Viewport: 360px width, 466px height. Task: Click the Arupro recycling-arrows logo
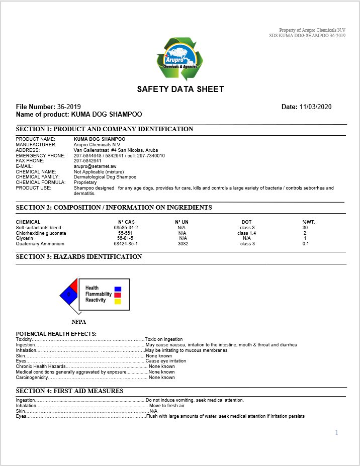[x=180, y=58]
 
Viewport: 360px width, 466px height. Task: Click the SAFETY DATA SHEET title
[x=180, y=89]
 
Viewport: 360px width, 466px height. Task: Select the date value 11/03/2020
[x=315, y=107]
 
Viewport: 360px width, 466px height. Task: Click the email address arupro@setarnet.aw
[x=95, y=166]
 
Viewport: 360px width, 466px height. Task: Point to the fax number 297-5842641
[x=87, y=161]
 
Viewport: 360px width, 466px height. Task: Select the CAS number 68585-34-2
[x=126, y=228]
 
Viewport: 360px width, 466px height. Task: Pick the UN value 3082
[x=183, y=244]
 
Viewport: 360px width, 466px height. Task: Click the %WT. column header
[x=309, y=222]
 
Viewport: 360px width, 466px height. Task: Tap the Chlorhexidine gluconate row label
[x=41, y=233]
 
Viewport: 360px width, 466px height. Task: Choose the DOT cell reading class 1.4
[x=246, y=233]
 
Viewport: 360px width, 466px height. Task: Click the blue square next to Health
[x=118, y=289]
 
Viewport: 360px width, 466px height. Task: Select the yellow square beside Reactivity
[x=118, y=302]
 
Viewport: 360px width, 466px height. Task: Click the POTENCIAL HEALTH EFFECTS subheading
[x=56, y=334]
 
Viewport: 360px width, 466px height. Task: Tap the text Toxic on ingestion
[x=164, y=339]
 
